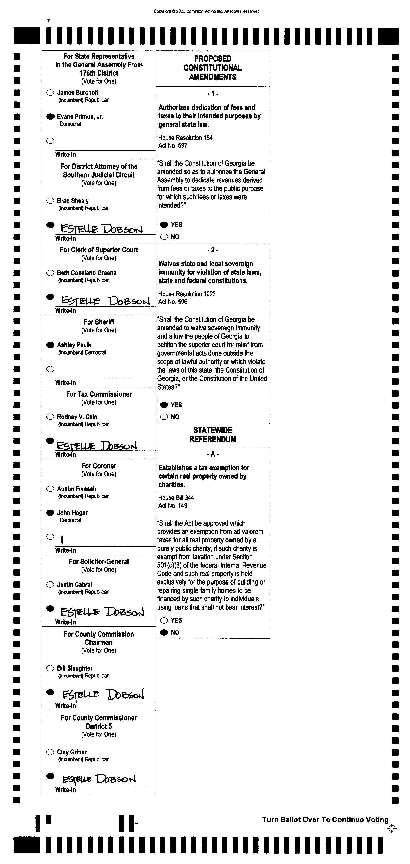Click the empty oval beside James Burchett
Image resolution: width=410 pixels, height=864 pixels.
tap(50, 93)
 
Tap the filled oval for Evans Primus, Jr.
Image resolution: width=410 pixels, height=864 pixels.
tap(50, 117)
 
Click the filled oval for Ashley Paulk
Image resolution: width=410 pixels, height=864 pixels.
tap(50, 345)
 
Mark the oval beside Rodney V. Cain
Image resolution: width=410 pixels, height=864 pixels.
tap(50, 417)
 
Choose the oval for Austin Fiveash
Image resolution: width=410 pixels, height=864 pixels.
tap(50, 489)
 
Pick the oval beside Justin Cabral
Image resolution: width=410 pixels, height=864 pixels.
tap(50, 585)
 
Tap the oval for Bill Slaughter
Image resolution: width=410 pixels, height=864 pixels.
tap(50, 668)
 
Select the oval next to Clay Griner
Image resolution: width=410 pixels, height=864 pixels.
tap(50, 752)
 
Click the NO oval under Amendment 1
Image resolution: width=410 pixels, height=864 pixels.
tap(164, 237)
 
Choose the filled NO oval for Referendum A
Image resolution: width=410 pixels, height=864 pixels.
tap(164, 632)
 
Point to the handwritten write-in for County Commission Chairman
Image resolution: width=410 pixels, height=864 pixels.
tap(103, 695)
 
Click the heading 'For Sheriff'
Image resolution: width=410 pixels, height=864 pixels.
tap(99, 322)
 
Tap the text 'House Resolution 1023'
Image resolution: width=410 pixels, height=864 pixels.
tap(187, 294)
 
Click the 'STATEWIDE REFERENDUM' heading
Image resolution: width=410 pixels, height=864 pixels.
tap(213, 435)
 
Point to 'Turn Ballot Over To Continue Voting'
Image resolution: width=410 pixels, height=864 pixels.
tap(325, 820)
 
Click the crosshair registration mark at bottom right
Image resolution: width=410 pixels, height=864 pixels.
tap(391, 829)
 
